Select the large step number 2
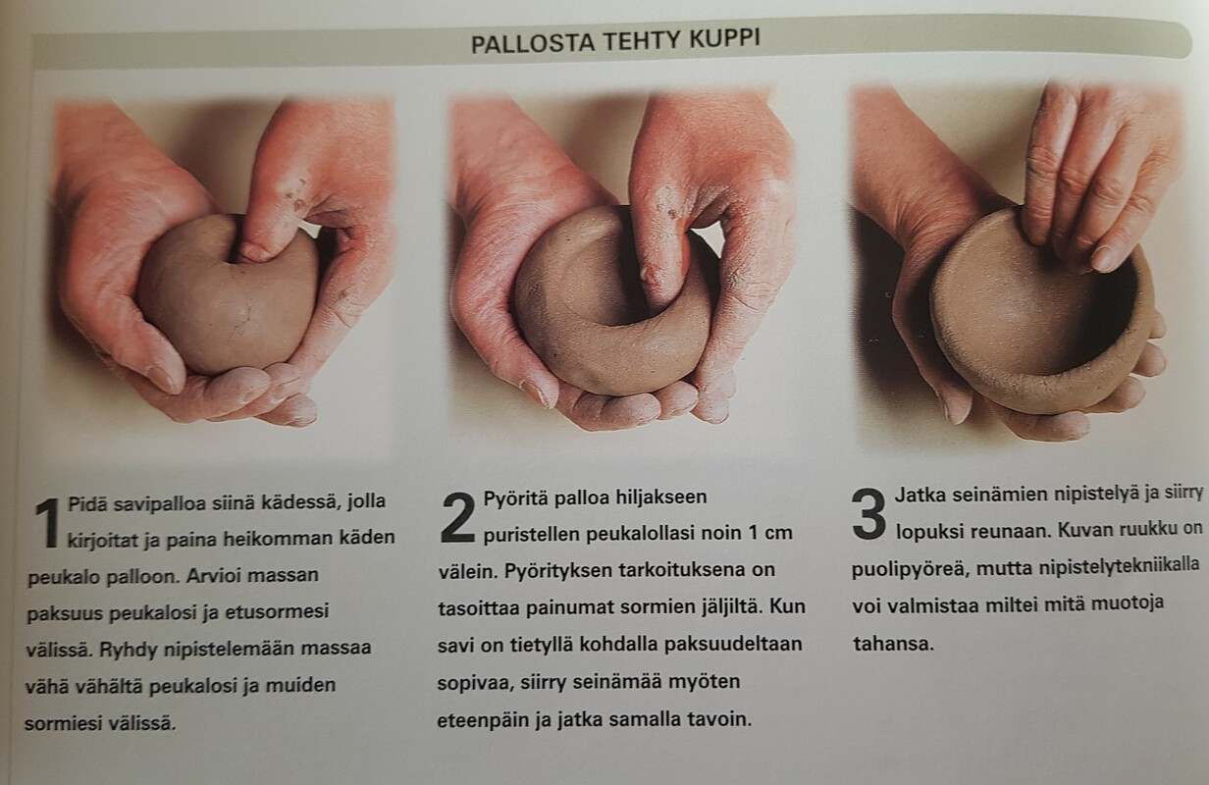click(458, 518)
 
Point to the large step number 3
click(869, 514)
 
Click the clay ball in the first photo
click(227, 295)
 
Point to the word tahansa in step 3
click(893, 643)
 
